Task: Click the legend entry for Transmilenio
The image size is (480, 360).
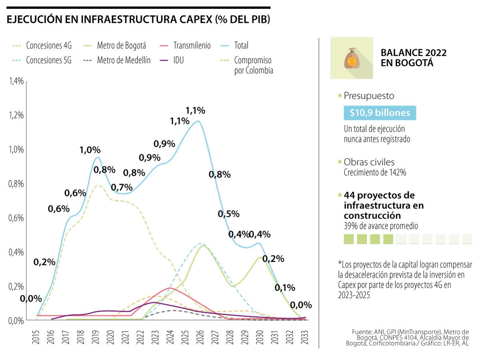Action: [192, 46]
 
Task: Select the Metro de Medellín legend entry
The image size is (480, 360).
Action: [124, 61]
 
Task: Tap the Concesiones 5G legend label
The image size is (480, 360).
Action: [48, 61]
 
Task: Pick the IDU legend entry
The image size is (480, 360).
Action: [179, 61]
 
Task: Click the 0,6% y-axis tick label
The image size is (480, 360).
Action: [16, 218]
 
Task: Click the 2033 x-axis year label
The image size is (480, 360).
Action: [304, 333]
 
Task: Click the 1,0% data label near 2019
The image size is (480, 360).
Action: [90, 150]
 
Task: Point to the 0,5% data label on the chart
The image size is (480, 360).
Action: [228, 214]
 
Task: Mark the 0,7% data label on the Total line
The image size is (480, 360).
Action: [121, 187]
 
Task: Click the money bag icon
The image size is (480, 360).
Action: [352, 58]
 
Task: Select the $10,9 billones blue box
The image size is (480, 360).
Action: [380, 113]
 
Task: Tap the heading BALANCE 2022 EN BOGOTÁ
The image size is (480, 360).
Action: [414, 58]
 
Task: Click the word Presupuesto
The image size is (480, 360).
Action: [369, 96]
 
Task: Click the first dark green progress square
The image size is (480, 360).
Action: [349, 239]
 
